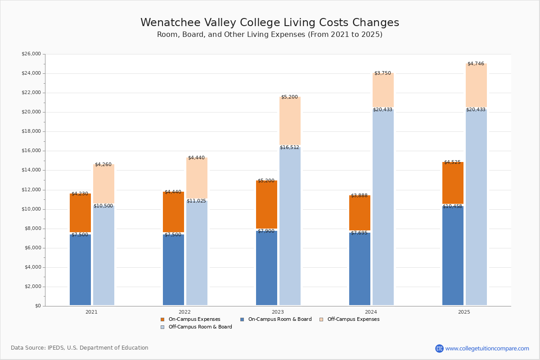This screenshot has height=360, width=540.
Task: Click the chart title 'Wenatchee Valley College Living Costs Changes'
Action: point(270,23)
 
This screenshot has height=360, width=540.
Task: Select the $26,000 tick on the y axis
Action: point(31,54)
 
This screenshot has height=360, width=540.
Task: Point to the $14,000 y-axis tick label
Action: point(31,170)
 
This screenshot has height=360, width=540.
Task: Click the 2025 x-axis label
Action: point(464,312)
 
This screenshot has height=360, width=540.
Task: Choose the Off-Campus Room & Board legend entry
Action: point(200,327)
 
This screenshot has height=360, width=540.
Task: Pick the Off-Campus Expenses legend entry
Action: point(353,319)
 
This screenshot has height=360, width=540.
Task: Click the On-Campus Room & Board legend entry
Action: point(279,319)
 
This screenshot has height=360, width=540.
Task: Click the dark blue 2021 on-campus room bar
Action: point(80,270)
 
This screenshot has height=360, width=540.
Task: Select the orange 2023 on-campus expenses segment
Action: point(266,205)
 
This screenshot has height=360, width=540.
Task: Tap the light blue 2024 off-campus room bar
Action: point(383,207)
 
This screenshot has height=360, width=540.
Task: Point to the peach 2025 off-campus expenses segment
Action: point(476,85)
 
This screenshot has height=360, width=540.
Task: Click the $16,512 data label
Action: point(289,148)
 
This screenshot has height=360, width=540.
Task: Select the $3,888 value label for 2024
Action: point(359,196)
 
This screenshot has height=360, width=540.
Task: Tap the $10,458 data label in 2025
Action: point(452,207)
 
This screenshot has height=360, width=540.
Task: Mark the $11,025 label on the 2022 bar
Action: point(196,201)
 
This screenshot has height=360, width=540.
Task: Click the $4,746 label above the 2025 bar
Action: point(476,64)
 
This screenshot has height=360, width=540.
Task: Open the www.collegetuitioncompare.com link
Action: point(487,349)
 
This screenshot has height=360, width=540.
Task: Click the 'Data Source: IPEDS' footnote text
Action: point(80,348)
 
